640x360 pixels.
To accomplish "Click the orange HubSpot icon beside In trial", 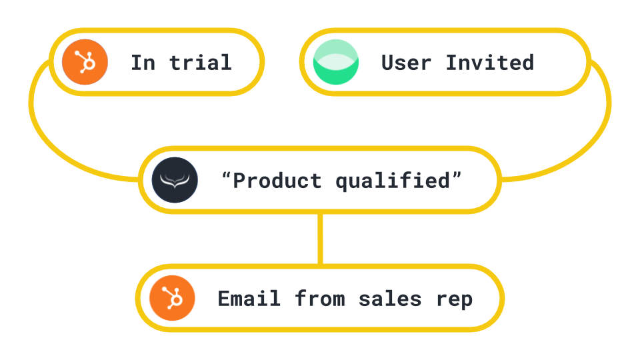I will coord(85,61).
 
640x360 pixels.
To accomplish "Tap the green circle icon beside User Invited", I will coord(336,62).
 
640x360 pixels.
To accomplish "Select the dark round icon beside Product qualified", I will coord(175,180).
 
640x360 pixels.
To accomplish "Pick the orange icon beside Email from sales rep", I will coord(172,298).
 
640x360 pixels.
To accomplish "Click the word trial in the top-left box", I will coord(200,63).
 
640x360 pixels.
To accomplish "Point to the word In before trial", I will coord(142,63).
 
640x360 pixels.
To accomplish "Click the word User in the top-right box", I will coord(406,63).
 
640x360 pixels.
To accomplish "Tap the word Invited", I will coord(490,63).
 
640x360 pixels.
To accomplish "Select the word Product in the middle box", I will coord(277,181).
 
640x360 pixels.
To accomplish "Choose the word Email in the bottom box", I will coord(249,299).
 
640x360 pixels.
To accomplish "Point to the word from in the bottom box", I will coord(319,299).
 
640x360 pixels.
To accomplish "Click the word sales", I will coord(390,299).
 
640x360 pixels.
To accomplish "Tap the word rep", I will coord(455,299).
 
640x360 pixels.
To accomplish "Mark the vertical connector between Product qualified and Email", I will coord(321,239).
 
